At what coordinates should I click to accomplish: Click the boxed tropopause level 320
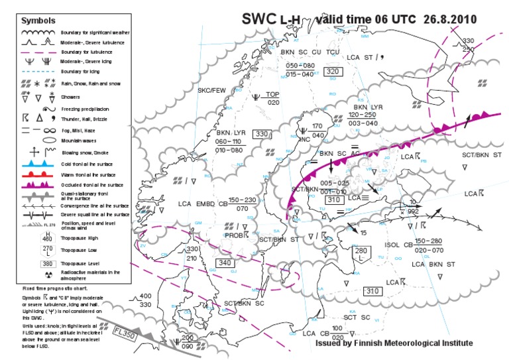(x=333, y=72)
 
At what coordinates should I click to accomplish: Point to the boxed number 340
(x=224, y=263)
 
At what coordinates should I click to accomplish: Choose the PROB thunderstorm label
(x=235, y=235)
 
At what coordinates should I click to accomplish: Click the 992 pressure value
(x=412, y=211)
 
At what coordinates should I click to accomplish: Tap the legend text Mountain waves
(x=80, y=141)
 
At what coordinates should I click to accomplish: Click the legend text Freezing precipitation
(x=84, y=109)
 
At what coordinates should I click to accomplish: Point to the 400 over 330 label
(x=146, y=300)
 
